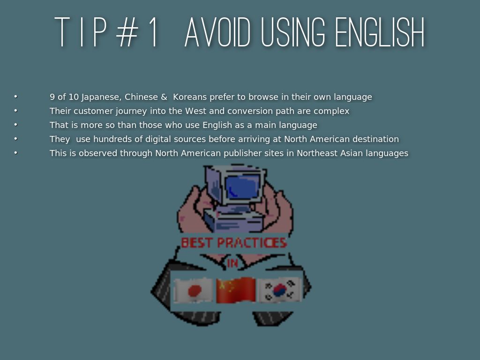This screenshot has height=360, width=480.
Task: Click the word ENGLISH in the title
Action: [380, 32]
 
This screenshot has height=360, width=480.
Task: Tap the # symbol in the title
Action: [127, 32]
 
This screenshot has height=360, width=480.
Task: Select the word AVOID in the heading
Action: [217, 32]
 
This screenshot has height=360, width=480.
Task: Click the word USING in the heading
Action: [292, 32]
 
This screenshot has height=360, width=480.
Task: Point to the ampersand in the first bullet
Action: [164, 97]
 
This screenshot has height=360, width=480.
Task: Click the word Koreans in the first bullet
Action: [190, 97]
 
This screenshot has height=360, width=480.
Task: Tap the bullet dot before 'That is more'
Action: [16, 125]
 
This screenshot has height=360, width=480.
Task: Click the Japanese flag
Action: [193, 290]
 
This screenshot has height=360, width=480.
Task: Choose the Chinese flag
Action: [236, 290]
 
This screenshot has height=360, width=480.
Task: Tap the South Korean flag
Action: [279, 290]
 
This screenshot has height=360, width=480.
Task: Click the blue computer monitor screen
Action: [242, 187]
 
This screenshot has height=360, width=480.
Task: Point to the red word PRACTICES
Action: [252, 243]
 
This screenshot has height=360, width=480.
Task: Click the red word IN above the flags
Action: [232, 263]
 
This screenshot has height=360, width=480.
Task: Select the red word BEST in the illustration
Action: [196, 243]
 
